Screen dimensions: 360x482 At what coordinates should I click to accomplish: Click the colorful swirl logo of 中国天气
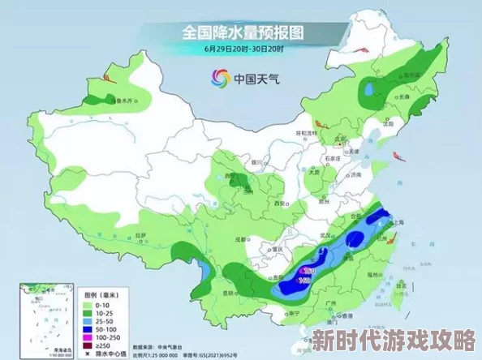220,78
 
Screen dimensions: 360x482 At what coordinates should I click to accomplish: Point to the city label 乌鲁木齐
123,102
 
